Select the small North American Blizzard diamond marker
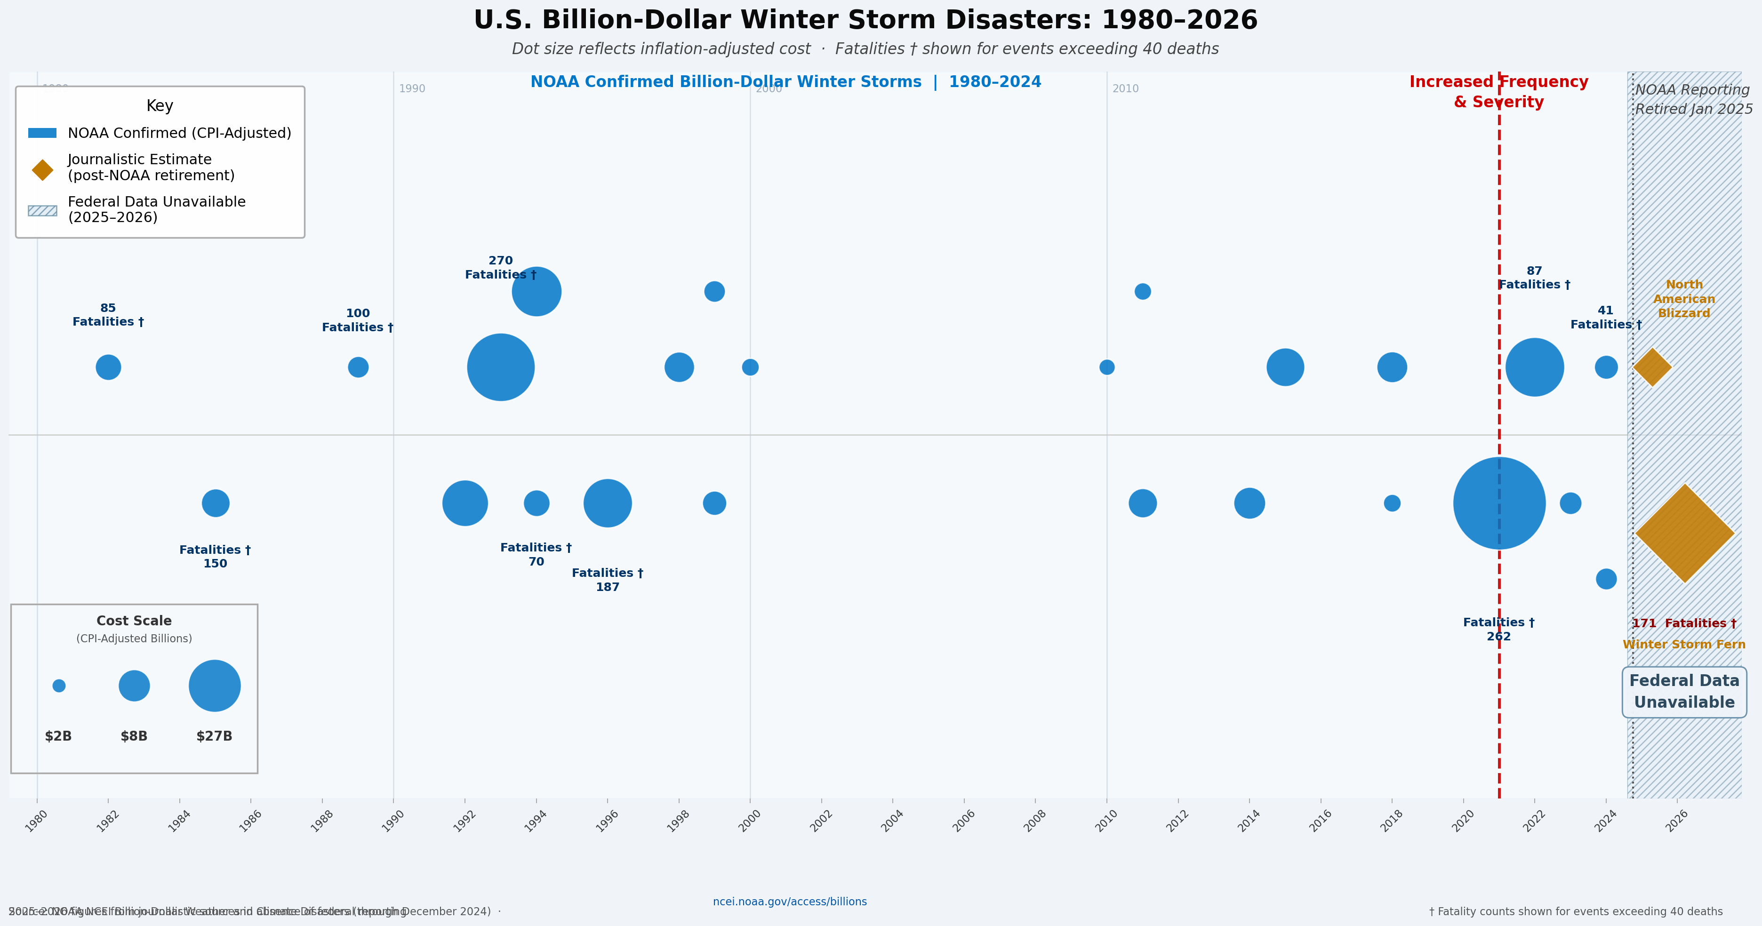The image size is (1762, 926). point(1652,367)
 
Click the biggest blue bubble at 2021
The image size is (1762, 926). point(1498,503)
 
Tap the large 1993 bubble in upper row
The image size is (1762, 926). point(501,367)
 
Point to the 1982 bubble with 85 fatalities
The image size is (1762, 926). point(108,367)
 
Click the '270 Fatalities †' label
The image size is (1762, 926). point(501,267)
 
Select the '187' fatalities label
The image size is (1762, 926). point(608,587)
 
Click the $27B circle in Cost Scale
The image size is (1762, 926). point(215,686)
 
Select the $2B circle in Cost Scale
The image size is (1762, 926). point(59,686)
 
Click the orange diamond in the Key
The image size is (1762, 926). point(42,170)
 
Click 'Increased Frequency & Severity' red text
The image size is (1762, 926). point(1498,92)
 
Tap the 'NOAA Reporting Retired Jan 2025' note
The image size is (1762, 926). point(1692,99)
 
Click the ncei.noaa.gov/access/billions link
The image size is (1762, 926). point(789,902)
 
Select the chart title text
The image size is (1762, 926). point(865,20)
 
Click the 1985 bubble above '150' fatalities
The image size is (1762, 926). point(216,503)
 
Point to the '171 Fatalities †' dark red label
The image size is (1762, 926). point(1684,623)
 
